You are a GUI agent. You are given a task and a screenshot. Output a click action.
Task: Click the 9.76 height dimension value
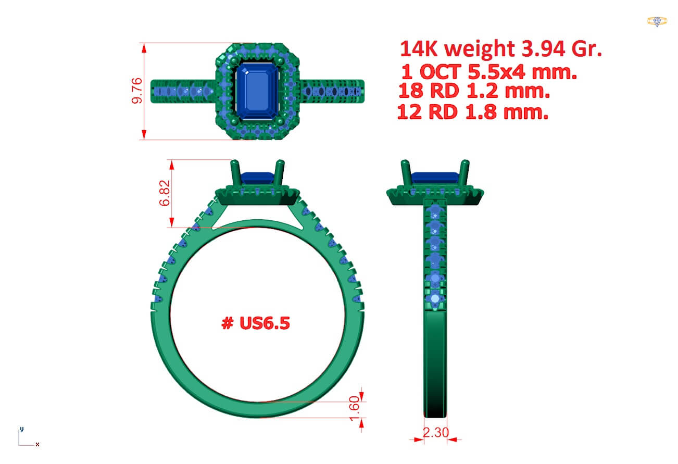coord(137,91)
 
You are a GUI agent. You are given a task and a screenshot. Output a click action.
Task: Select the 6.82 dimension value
coord(165,193)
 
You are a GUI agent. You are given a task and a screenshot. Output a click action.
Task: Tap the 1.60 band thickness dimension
coord(354,408)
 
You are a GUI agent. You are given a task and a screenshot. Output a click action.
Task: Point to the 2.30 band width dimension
coord(435,433)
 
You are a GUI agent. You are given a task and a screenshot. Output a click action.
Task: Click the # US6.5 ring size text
coord(256,323)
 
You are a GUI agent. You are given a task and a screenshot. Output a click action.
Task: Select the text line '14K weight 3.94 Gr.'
coord(501,48)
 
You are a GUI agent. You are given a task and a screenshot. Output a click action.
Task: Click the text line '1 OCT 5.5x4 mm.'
coord(489,72)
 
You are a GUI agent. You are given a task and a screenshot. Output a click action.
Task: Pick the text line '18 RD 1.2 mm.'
coord(474,91)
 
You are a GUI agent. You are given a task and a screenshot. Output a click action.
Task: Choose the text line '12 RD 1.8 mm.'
coord(473,112)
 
